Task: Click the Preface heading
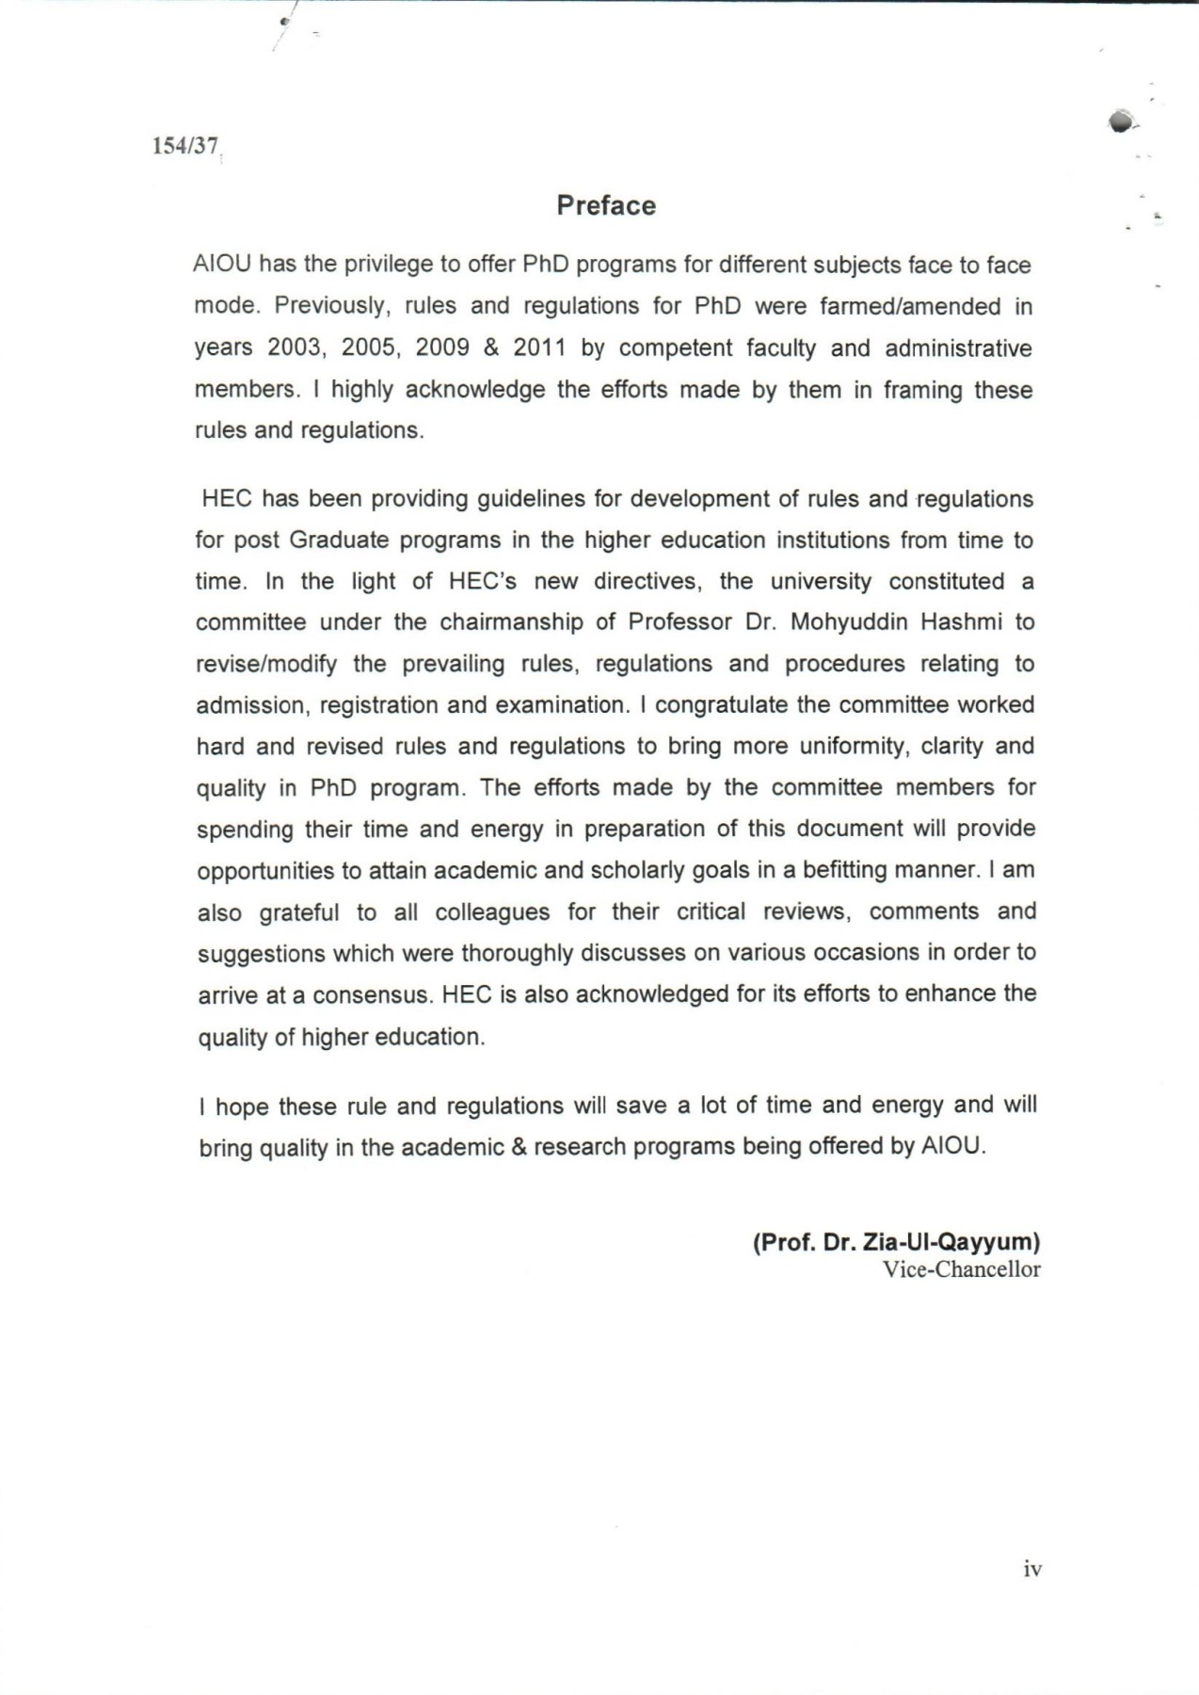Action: pyautogui.click(x=605, y=206)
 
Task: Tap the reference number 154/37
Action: pyautogui.click(x=185, y=147)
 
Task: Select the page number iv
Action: pyautogui.click(x=1032, y=1569)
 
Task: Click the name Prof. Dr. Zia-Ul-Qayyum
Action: pyautogui.click(x=896, y=1242)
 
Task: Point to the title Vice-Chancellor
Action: pyautogui.click(x=961, y=1269)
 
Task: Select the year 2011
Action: pyautogui.click(x=539, y=347)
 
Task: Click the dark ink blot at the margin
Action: pyautogui.click(x=1121, y=121)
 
